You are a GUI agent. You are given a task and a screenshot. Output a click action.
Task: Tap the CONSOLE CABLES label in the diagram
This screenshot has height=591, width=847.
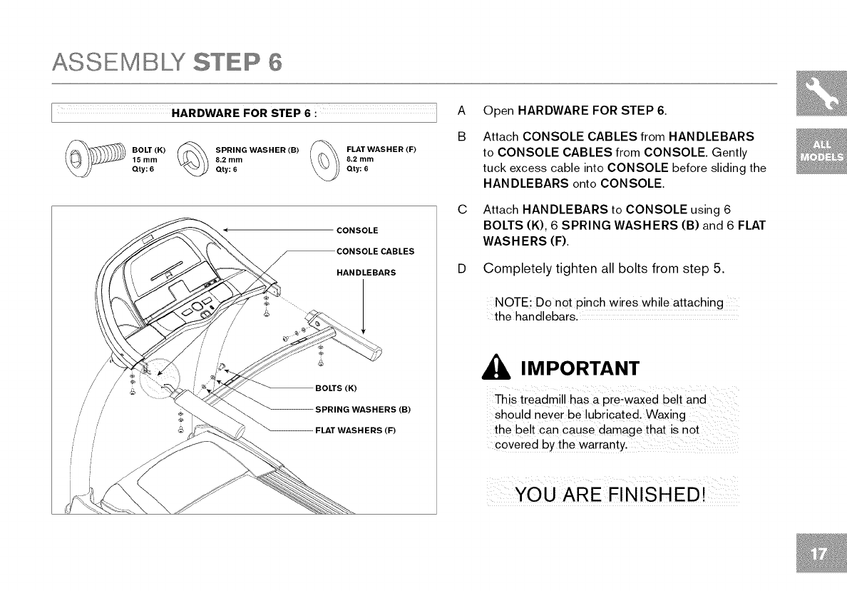click(374, 251)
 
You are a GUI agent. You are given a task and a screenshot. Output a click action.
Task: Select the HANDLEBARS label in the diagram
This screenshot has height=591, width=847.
click(365, 273)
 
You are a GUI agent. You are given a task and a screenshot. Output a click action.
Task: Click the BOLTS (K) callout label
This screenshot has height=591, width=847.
click(335, 388)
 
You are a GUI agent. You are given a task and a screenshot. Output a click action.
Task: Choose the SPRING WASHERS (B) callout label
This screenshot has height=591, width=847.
click(363, 410)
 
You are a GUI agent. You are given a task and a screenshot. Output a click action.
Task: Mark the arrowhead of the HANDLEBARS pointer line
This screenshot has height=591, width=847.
click(364, 331)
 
